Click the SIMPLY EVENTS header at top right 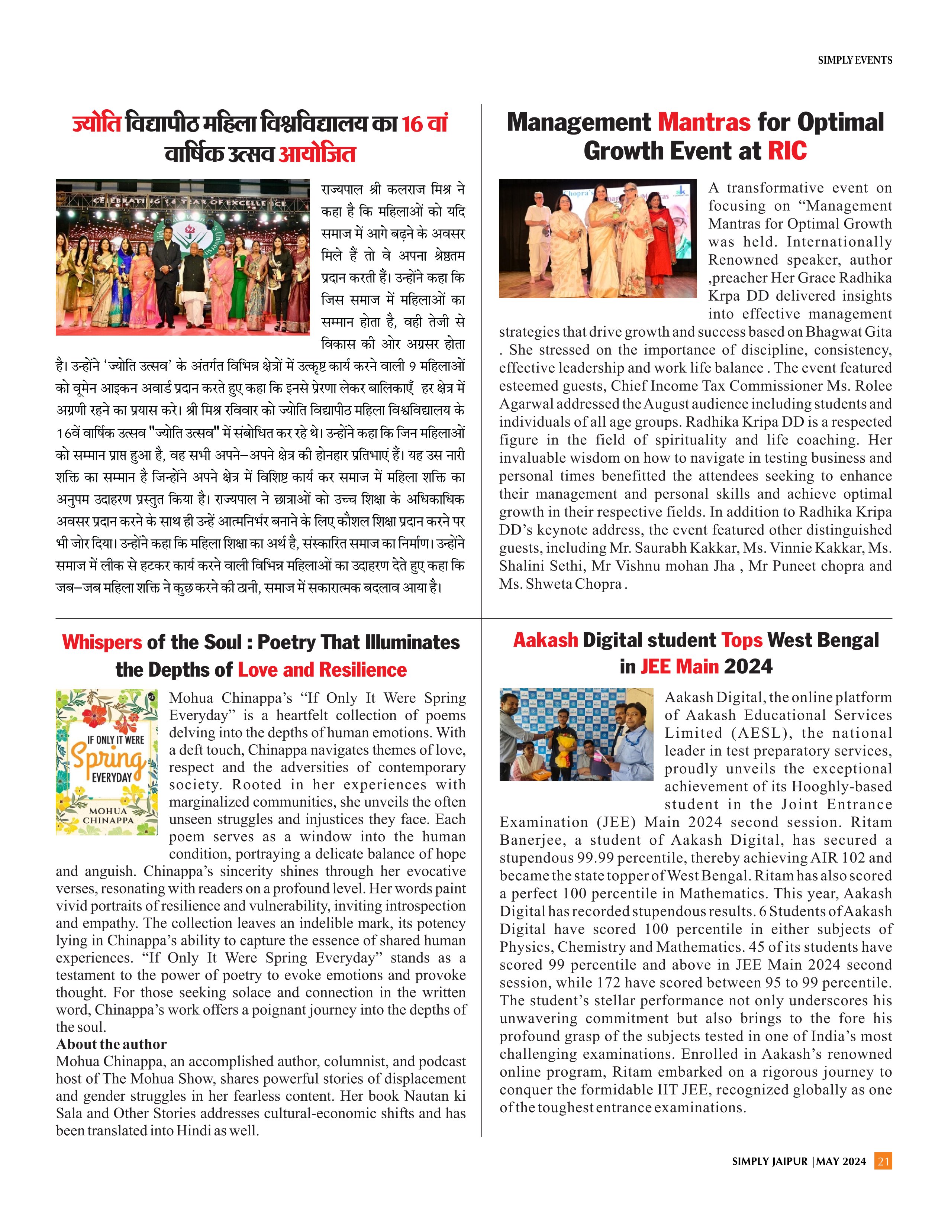tap(854, 60)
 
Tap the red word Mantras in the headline tap(704, 122)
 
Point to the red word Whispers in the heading tap(101, 642)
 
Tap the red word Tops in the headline tap(741, 640)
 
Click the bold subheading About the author tap(111, 1044)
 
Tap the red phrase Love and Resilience tap(322, 670)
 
